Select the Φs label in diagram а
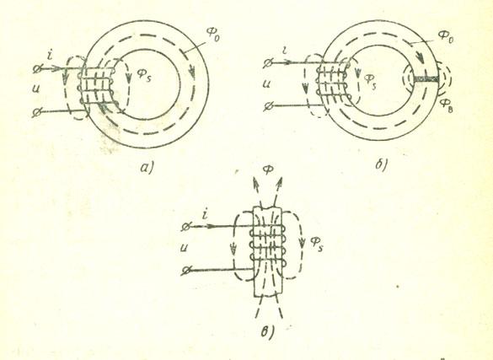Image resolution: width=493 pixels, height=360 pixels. point(144,75)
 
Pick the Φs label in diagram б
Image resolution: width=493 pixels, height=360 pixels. point(370,80)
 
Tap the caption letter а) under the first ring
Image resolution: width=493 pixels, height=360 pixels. point(147,168)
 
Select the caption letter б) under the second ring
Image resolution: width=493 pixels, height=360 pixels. point(382,164)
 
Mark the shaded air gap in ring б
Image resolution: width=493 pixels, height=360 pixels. point(426,78)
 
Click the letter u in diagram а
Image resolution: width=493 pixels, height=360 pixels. point(35,90)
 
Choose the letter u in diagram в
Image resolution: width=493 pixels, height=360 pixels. point(185,248)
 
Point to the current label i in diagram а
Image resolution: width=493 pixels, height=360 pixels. point(50,56)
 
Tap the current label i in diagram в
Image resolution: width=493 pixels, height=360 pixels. point(206,215)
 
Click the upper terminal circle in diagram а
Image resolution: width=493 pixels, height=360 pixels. point(37,68)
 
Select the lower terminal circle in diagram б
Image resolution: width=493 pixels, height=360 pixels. point(268,106)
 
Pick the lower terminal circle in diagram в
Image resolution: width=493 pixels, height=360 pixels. point(186,271)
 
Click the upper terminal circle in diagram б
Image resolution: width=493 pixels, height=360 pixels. point(268,63)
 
